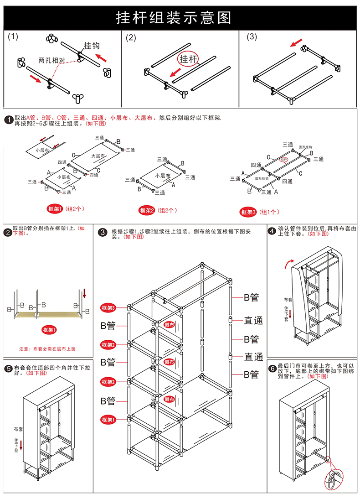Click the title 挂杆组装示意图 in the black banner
tap(174, 17)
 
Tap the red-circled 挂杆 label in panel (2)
tap(188, 59)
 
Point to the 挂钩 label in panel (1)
tap(91, 46)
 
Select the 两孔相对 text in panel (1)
tap(51, 60)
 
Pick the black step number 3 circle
tap(103, 233)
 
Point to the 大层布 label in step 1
tap(98, 156)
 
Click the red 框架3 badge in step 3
tap(108, 308)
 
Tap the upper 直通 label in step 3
tap(253, 321)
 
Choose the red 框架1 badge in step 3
tap(108, 419)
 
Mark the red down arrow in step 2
tap(84, 292)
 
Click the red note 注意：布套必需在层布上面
tap(47, 348)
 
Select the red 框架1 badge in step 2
tap(49, 329)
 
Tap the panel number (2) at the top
tap(131, 38)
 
